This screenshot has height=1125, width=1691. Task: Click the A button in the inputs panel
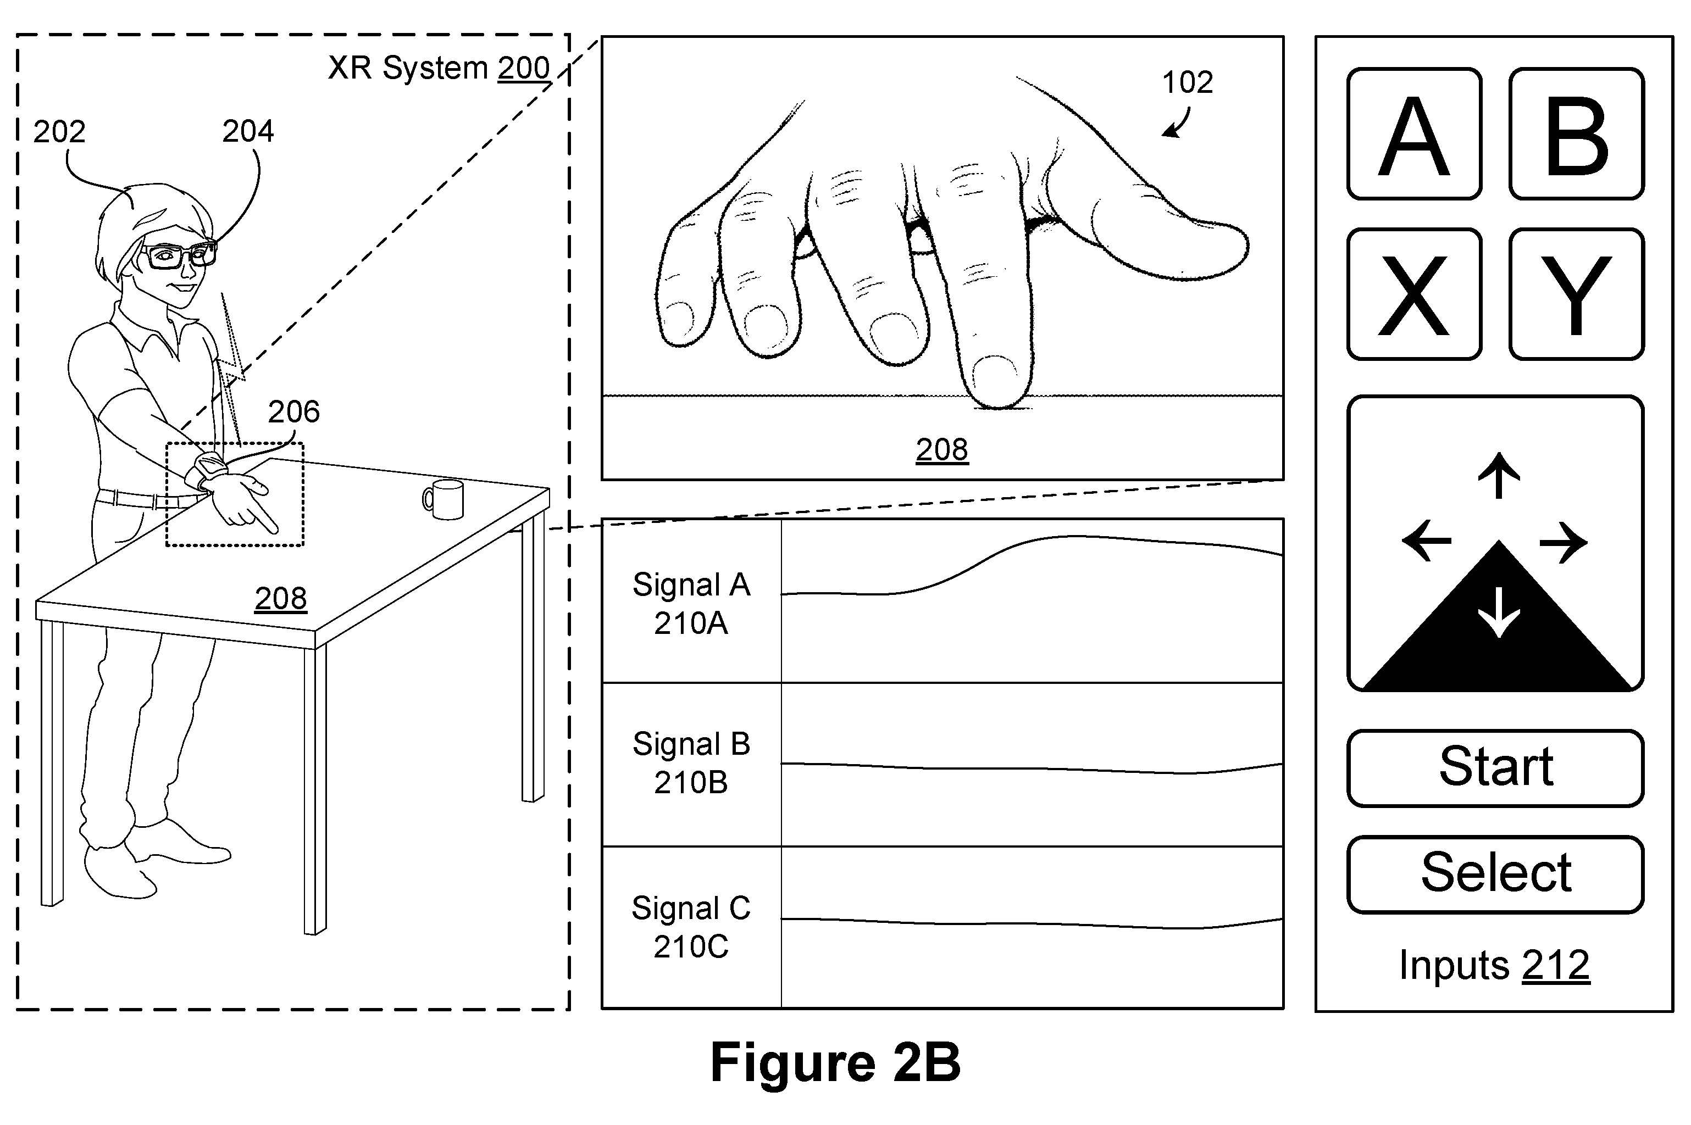click(x=1414, y=134)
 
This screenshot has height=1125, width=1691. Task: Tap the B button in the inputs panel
click(x=1576, y=134)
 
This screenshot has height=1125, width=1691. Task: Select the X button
click(x=1414, y=294)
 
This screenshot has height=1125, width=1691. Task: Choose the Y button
click(x=1576, y=294)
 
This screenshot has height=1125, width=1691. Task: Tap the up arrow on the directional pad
click(x=1499, y=475)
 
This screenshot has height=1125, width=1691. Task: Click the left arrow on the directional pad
click(x=1426, y=541)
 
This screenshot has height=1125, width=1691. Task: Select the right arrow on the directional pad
click(x=1564, y=542)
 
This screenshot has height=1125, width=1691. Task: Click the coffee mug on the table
click(x=443, y=499)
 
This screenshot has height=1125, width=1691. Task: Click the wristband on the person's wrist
click(x=206, y=471)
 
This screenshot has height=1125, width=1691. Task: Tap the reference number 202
click(x=59, y=132)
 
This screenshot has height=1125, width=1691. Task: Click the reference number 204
click(x=248, y=131)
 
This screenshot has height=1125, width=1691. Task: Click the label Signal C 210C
click(x=691, y=927)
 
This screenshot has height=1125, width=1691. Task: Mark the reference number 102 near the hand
click(x=1187, y=82)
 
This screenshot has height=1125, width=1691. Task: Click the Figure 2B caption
click(x=835, y=1062)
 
